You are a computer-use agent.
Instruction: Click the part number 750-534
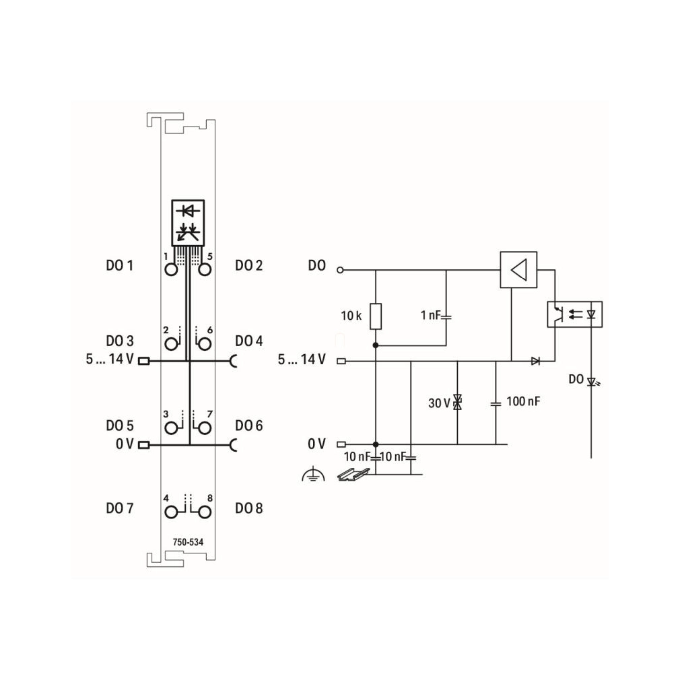coord(188,542)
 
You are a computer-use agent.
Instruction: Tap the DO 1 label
coord(120,265)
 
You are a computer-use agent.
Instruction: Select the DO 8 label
coord(249,508)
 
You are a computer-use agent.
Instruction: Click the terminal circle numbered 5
coord(205,270)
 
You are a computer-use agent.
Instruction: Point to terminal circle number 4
coord(171,512)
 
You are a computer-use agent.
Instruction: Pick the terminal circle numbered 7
coord(205,428)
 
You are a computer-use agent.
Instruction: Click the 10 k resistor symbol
coord(376,316)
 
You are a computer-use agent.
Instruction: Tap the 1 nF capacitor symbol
coord(446,317)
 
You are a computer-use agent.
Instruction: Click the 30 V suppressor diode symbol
coord(457,402)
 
